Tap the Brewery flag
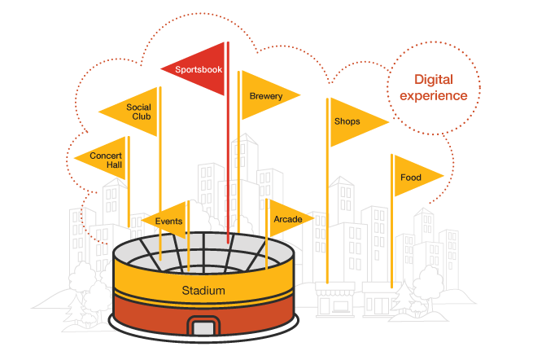[266, 96]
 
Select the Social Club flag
[134, 112]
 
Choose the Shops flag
[352, 122]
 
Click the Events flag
[168, 221]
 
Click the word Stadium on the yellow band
[203, 291]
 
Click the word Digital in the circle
[433, 80]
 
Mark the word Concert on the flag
[106, 155]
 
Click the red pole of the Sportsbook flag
[228, 163]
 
